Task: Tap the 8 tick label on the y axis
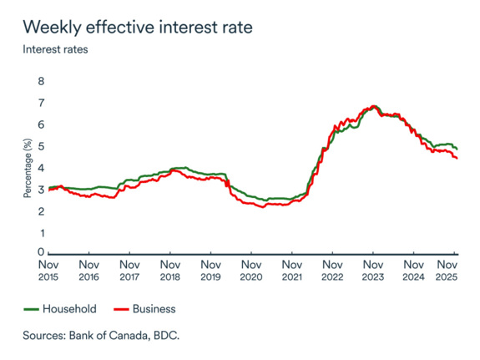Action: [x=39, y=81]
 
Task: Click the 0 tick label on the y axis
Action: [x=39, y=252]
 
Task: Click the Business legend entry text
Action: [x=154, y=309]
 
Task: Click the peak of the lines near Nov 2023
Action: [x=373, y=107]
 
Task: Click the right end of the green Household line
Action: [x=457, y=149]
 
